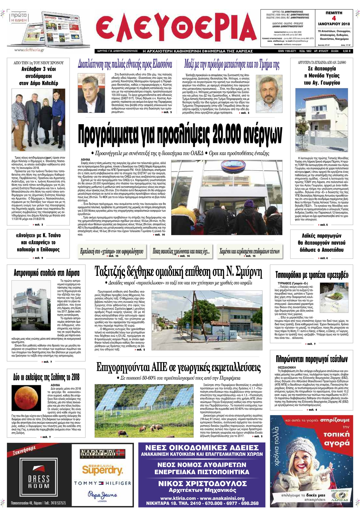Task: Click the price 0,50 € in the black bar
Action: coord(346,51)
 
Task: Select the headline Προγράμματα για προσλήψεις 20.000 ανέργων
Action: coord(180,134)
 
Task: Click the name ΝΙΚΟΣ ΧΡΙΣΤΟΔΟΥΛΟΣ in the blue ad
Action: coord(202,484)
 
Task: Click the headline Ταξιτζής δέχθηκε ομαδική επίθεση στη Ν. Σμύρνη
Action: coord(178,272)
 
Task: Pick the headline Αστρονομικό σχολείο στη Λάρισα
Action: coord(46,273)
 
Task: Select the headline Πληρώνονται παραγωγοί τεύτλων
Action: coord(312,359)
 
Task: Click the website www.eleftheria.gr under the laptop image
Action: coord(29,50)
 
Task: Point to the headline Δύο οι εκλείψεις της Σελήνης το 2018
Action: coord(46,377)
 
